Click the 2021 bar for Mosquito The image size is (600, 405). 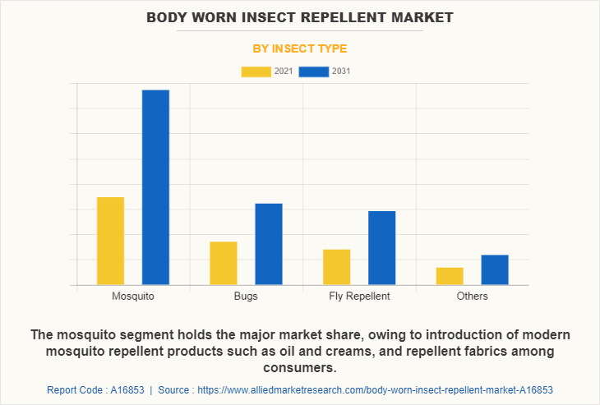pyautogui.click(x=110, y=241)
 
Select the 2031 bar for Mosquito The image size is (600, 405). pyautogui.click(x=155, y=187)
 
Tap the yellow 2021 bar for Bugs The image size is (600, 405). pyautogui.click(x=224, y=263)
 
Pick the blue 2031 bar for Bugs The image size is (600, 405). pyautogui.click(x=269, y=244)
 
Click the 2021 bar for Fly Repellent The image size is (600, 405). pyautogui.click(x=337, y=267)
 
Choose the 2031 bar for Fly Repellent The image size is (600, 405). pyautogui.click(x=381, y=248)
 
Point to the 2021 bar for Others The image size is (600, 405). pyautogui.click(x=450, y=276)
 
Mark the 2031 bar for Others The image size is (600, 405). pyautogui.click(x=495, y=269)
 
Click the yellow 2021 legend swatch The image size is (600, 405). pyautogui.click(x=256, y=71)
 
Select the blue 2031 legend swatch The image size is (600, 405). pyautogui.click(x=314, y=71)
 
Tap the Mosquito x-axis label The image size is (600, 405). pyautogui.click(x=133, y=296)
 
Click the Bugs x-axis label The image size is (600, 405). pyautogui.click(x=246, y=296)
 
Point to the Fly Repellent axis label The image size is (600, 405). pyautogui.click(x=359, y=296)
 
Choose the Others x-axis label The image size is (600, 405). pyautogui.click(x=472, y=296)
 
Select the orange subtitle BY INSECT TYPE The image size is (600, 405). pyautogui.click(x=300, y=48)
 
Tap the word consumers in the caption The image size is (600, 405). pyautogui.click(x=300, y=367)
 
